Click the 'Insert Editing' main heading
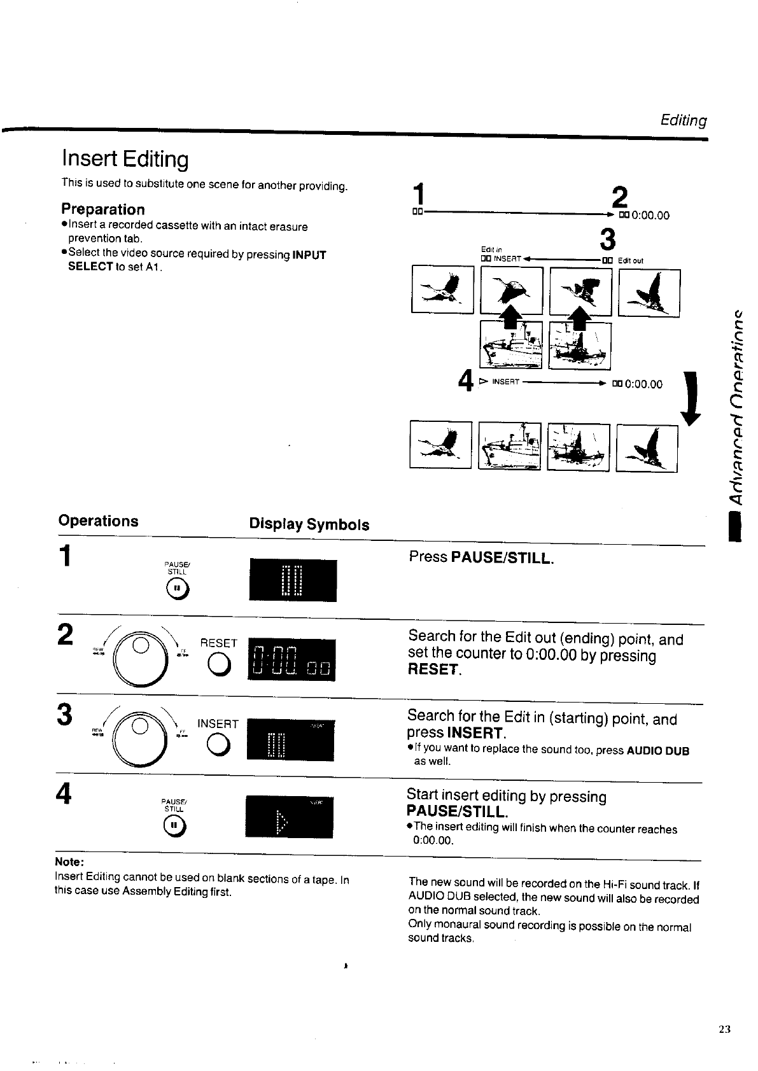point(125,159)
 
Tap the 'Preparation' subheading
point(102,209)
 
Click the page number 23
point(724,1030)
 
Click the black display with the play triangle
point(290,817)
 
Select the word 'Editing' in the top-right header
point(683,120)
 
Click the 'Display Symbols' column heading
point(309,524)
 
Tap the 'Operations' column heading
point(98,521)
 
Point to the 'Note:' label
point(69,862)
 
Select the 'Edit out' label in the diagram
point(630,260)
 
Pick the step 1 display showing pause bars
point(293,580)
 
